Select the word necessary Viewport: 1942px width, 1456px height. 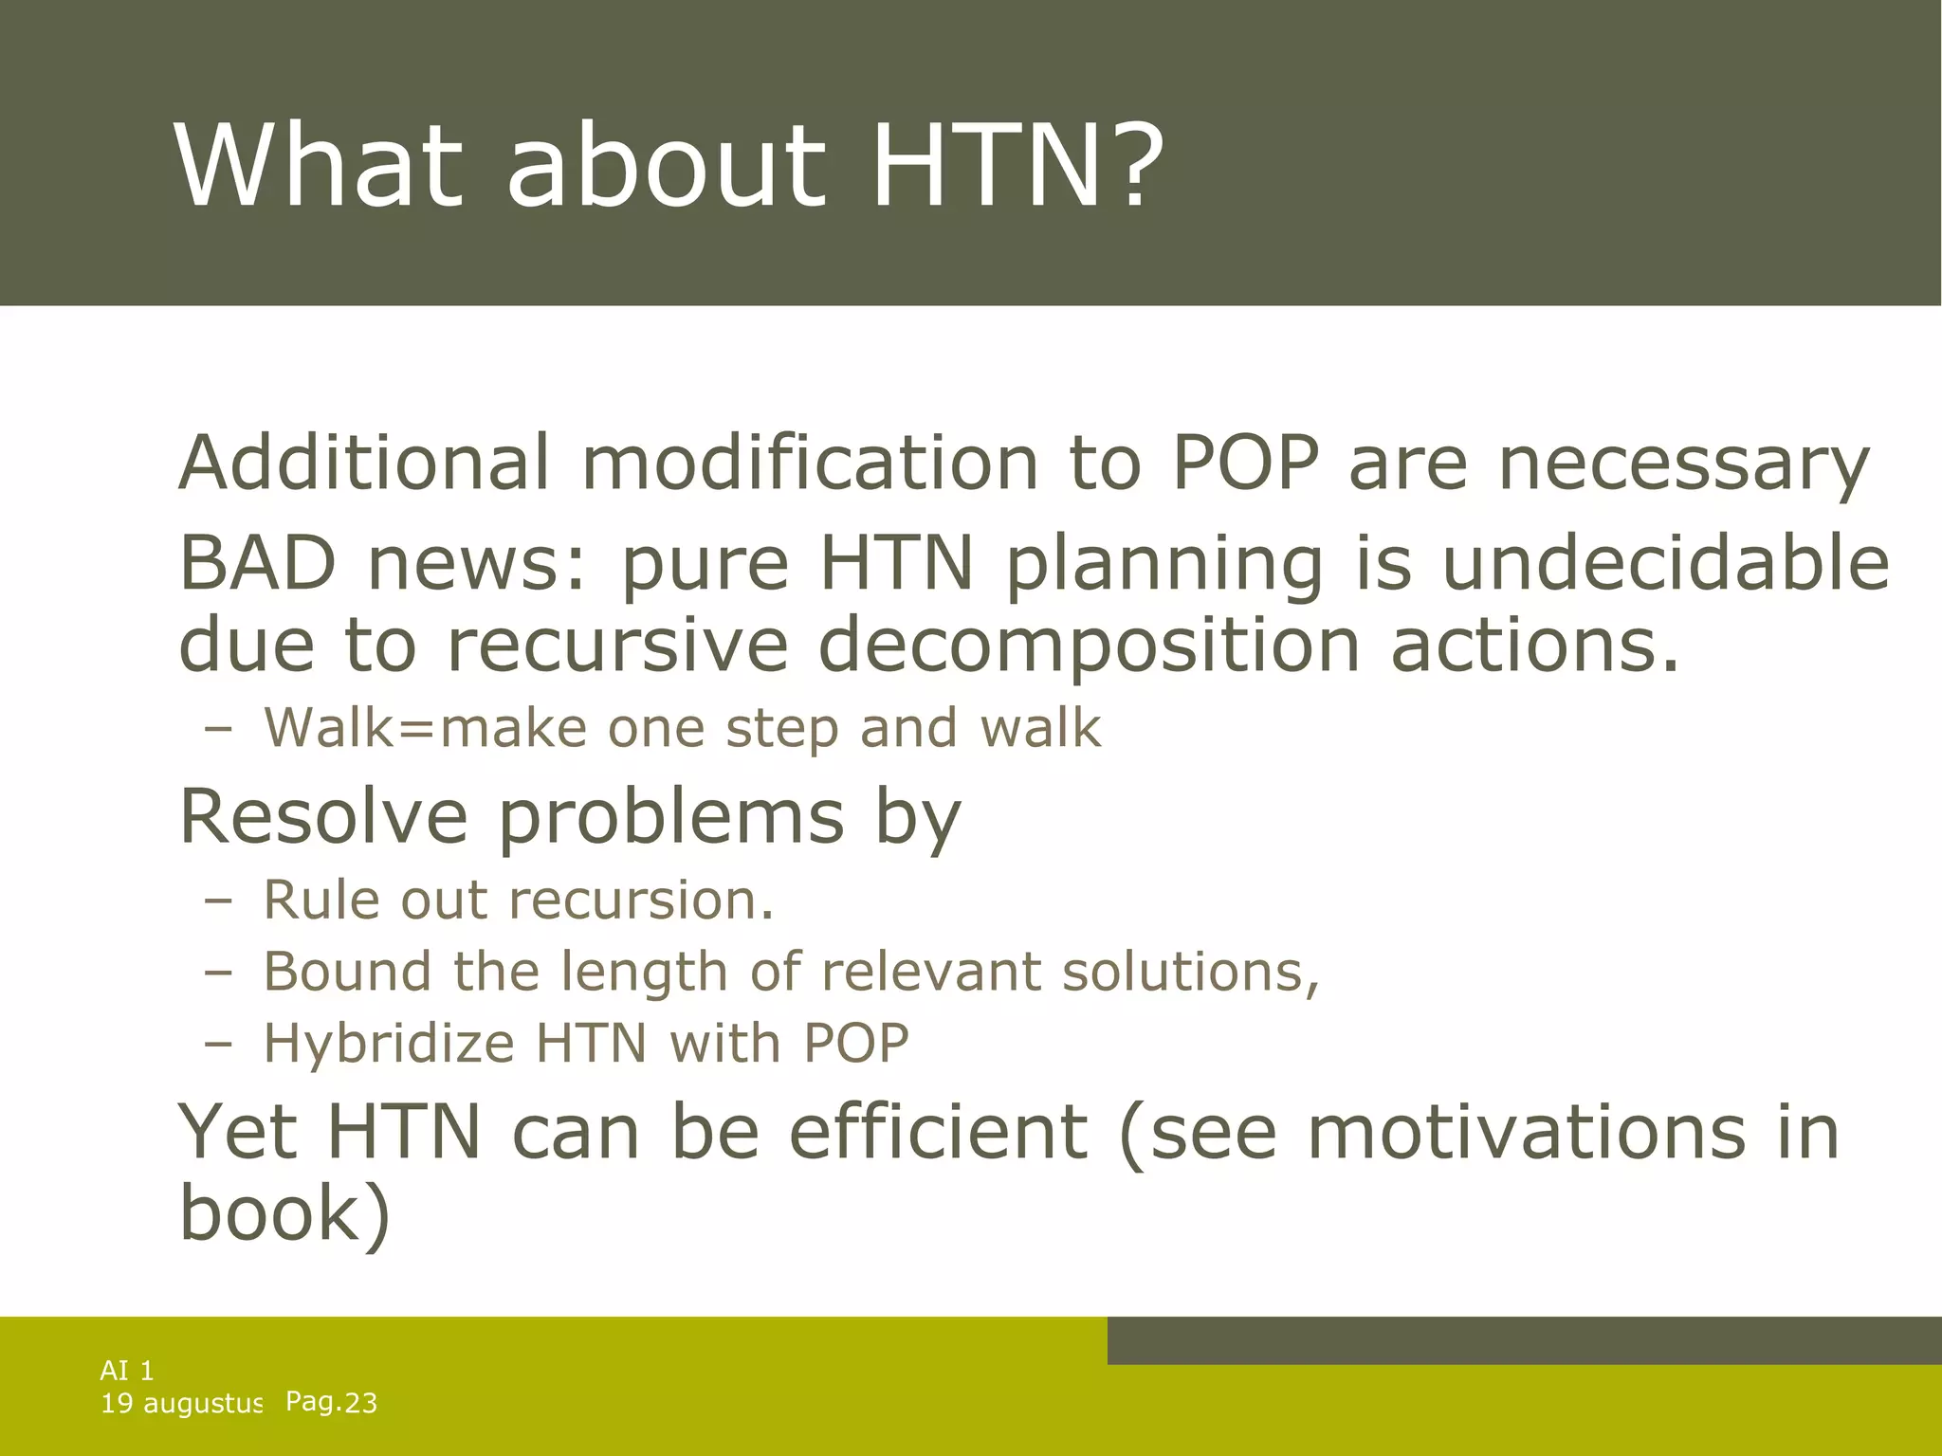coord(1683,464)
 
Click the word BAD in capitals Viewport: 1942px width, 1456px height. coord(257,562)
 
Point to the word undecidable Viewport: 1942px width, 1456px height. coord(1665,562)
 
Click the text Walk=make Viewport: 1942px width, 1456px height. coord(426,728)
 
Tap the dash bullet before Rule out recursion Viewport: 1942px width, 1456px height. coord(217,900)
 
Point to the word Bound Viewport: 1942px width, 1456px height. coord(347,972)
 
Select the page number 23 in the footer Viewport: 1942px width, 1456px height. coord(360,1403)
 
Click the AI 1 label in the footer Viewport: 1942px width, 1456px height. coord(127,1370)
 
